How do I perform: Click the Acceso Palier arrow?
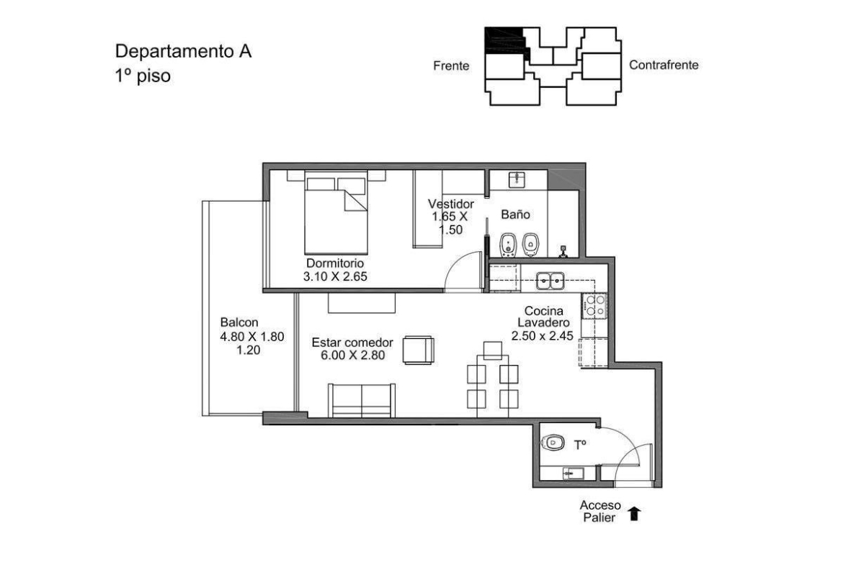pyautogui.click(x=634, y=513)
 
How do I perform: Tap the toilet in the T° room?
pyautogui.click(x=553, y=443)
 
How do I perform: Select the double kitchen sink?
pyautogui.click(x=550, y=281)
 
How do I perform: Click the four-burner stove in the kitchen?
pyautogui.click(x=594, y=306)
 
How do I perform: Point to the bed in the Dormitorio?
pyautogui.click(x=336, y=212)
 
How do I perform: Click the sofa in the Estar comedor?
pyautogui.click(x=361, y=400)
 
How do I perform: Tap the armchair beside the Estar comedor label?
pyautogui.click(x=419, y=351)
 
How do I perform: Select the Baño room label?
pyautogui.click(x=516, y=214)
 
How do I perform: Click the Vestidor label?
pyautogui.click(x=451, y=204)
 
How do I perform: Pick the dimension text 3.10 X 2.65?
pyautogui.click(x=335, y=277)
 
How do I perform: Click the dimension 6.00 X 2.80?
pyautogui.click(x=352, y=355)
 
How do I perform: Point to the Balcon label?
pyautogui.click(x=239, y=322)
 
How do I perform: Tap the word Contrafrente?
pyautogui.click(x=664, y=65)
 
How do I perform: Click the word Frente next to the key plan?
pyautogui.click(x=451, y=66)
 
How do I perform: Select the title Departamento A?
pyautogui.click(x=183, y=51)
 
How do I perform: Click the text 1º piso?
pyautogui.click(x=143, y=76)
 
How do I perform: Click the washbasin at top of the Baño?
pyautogui.click(x=517, y=179)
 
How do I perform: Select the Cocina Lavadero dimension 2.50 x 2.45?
pyautogui.click(x=543, y=336)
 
